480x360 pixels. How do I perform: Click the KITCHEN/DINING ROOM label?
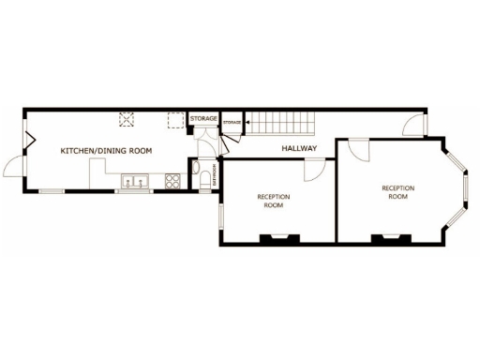pos(106,150)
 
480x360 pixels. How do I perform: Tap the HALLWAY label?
pos(299,148)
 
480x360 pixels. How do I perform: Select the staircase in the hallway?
pos(282,122)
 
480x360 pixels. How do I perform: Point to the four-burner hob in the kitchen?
pos(172,182)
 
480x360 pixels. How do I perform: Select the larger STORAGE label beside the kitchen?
pos(204,119)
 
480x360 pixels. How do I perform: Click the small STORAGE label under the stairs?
pos(232,123)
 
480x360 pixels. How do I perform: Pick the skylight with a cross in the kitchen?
pos(127,118)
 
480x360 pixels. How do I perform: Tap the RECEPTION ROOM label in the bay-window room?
pos(397,192)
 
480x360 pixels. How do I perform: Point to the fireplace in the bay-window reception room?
pos(389,237)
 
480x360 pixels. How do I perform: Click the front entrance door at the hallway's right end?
pos(415,126)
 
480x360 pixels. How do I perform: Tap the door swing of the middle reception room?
pos(316,168)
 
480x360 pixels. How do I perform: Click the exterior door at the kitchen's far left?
pos(13,168)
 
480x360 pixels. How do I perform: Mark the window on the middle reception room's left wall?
pos(221,215)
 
